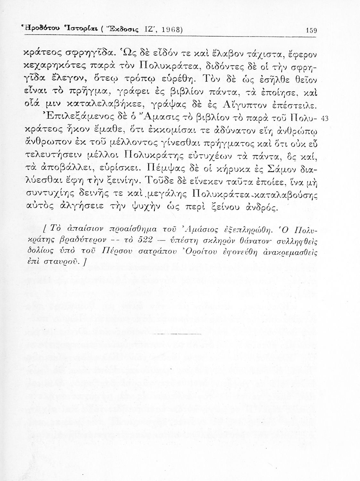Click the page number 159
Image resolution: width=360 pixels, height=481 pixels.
coord(312,31)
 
